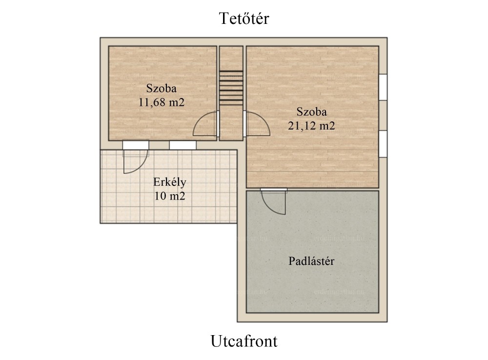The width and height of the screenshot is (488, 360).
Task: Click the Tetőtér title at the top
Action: point(244,19)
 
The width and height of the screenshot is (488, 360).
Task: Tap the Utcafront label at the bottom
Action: point(244,341)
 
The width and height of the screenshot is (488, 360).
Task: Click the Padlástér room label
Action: point(311,261)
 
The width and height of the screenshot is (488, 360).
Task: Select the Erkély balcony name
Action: point(170,182)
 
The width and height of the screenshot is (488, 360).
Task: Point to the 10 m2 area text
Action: point(170,196)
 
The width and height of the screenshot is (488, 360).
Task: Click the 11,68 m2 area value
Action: point(162,102)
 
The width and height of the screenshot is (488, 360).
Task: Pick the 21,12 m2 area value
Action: point(311,126)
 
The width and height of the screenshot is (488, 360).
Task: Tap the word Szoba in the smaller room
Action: point(162,88)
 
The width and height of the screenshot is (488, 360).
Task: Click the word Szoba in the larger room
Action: point(311,112)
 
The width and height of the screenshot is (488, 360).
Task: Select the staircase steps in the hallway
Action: point(231,88)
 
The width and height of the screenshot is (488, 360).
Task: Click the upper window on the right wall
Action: point(383,87)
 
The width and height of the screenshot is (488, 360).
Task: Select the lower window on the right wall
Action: point(383,144)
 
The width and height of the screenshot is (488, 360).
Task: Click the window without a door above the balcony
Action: point(183,145)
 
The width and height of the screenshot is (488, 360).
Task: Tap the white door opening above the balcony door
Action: point(136,145)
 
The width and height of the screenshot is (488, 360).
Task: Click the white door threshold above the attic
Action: point(274,189)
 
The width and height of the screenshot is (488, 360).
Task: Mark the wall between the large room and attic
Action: point(312,189)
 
